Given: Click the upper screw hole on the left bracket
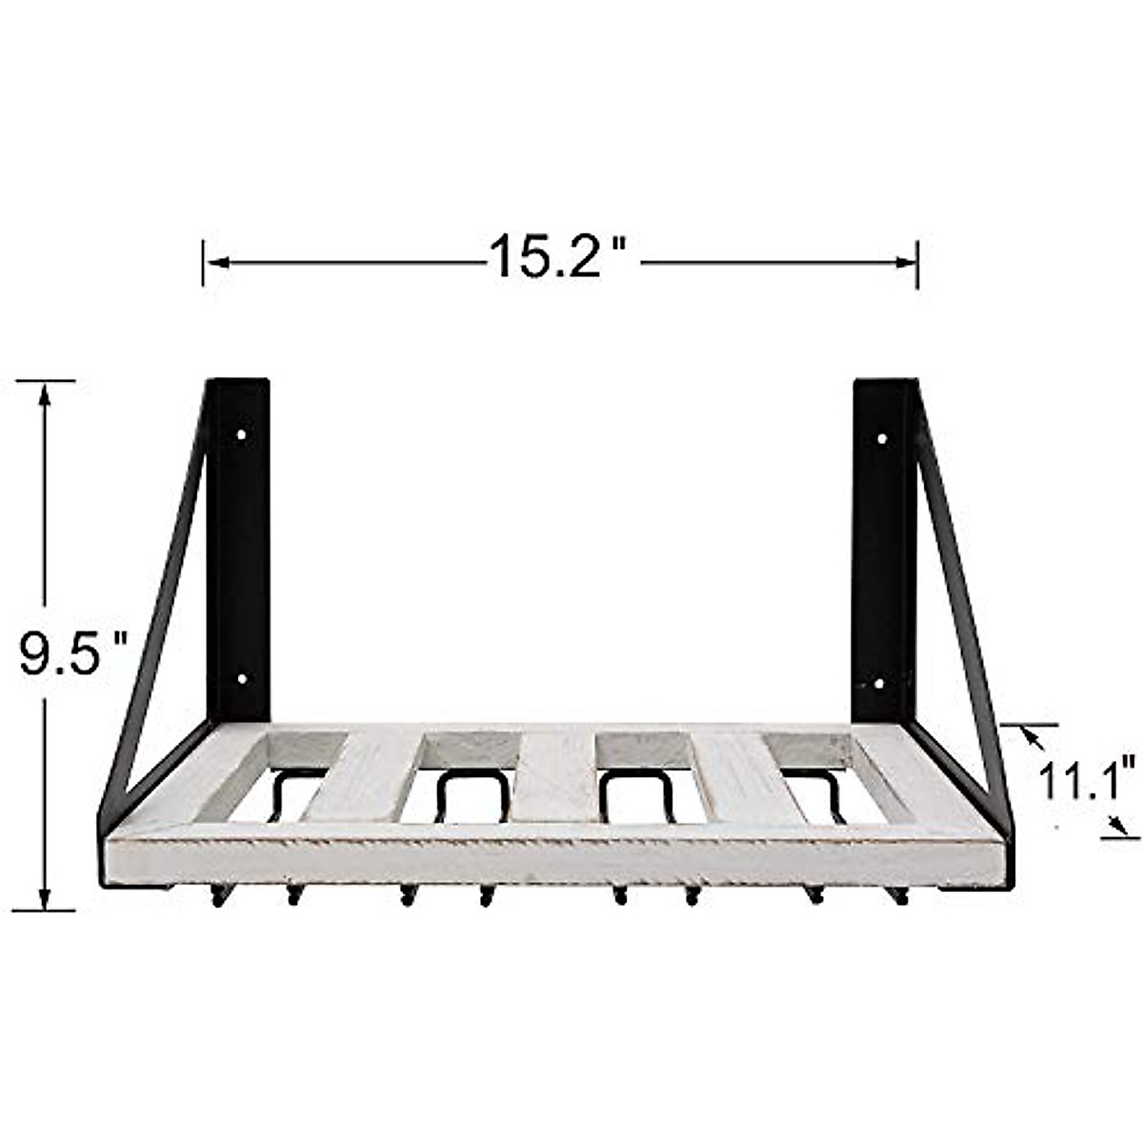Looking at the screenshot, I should pos(241,435).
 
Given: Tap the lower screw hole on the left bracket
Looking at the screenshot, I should pos(242,680).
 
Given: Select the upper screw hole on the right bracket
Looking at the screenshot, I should pos(882,439).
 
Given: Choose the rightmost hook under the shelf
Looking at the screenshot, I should pos(897,895).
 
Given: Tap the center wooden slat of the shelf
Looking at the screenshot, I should pos(559,775).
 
